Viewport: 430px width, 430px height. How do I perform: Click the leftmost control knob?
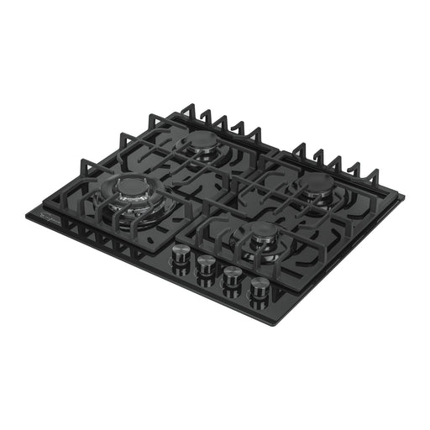click(181, 254)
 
